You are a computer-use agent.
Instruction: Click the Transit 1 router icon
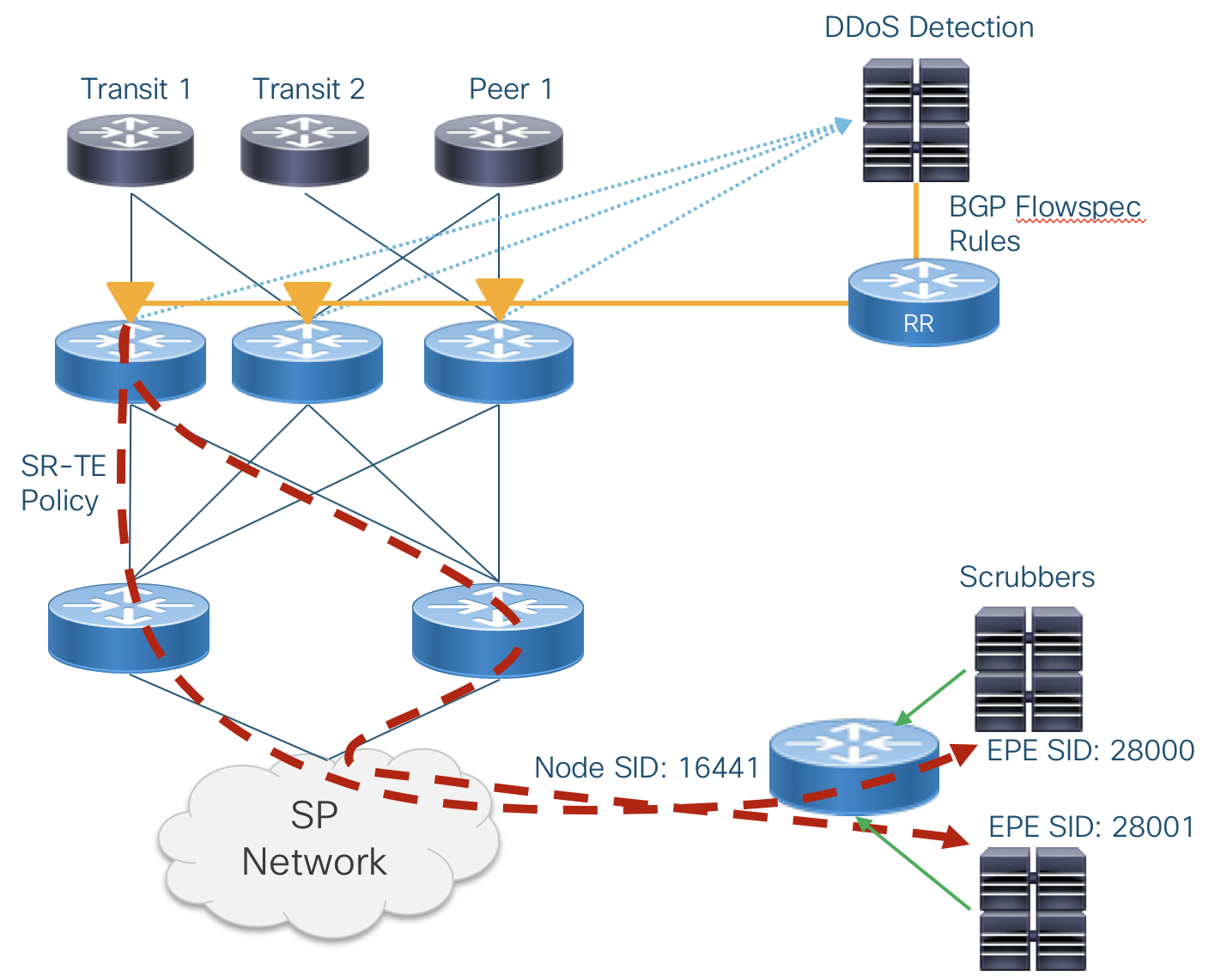[x=131, y=150]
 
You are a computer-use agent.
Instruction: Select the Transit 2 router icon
[x=305, y=150]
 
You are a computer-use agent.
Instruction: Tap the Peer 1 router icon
[x=499, y=150]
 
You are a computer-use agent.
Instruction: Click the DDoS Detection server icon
[x=916, y=120]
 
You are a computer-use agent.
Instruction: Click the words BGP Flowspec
[x=1044, y=207]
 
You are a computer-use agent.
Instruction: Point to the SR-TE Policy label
[x=63, y=483]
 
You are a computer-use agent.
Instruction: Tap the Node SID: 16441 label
[x=647, y=767]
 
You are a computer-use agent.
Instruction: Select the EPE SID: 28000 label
[x=1091, y=750]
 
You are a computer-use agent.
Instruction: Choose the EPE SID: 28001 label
[x=1091, y=827]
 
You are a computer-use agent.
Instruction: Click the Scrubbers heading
[x=1027, y=576]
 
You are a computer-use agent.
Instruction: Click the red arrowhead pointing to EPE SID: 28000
[x=964, y=754]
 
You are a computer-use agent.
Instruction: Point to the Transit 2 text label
[x=308, y=88]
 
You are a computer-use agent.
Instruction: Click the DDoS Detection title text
[x=928, y=27]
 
